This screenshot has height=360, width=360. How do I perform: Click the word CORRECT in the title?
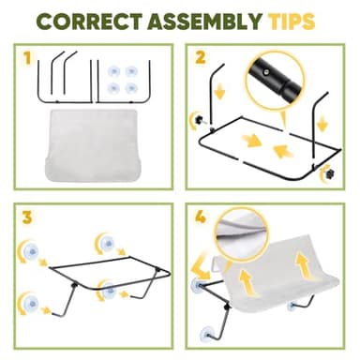[90, 22]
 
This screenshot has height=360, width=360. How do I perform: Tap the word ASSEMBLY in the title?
[204, 22]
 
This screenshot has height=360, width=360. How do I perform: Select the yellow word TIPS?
[291, 22]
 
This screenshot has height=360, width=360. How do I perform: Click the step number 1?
[28, 58]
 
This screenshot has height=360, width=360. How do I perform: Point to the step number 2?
[201, 57]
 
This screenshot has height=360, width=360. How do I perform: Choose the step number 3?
[27, 217]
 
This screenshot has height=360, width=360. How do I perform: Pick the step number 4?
[201, 217]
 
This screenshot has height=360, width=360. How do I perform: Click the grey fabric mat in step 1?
[93, 144]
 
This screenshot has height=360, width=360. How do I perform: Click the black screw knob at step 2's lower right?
[329, 173]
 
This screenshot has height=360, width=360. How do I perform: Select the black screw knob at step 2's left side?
[199, 119]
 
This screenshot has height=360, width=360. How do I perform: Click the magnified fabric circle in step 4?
[241, 237]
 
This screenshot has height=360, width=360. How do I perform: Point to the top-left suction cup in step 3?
[32, 250]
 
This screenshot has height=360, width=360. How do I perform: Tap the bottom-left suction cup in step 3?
[32, 303]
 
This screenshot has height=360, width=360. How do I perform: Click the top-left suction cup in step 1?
[113, 71]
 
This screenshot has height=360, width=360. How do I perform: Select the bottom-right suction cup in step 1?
[131, 88]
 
